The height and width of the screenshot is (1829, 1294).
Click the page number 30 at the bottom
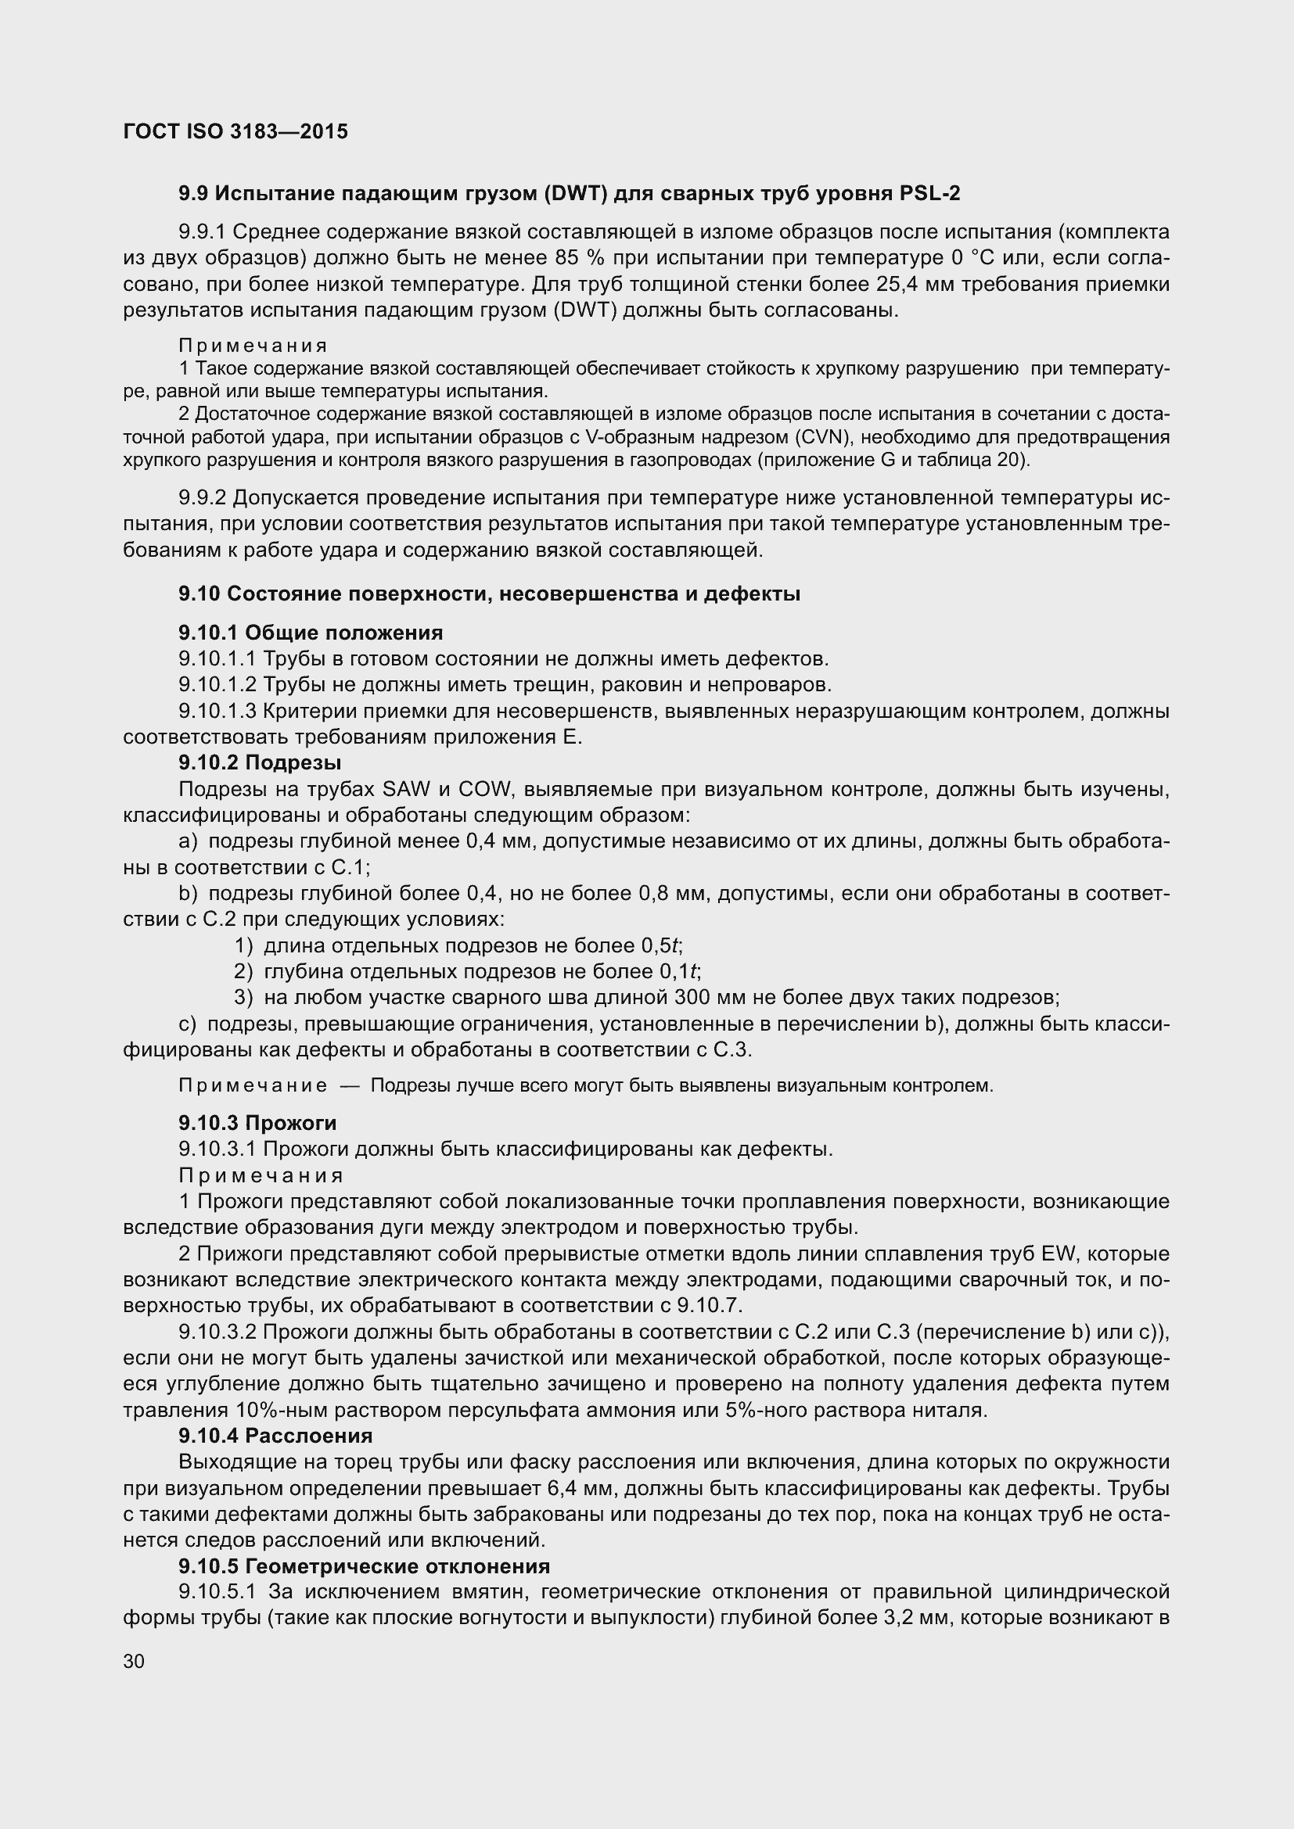click(134, 1662)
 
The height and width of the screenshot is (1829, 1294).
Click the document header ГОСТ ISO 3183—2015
click(235, 131)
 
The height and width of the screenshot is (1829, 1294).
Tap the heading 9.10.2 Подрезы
click(260, 762)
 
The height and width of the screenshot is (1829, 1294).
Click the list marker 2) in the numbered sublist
click(243, 971)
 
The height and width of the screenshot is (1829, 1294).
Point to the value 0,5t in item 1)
click(660, 945)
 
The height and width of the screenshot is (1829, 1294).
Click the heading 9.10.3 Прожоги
click(257, 1123)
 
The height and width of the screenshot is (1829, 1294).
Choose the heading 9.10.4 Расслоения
click(275, 1436)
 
